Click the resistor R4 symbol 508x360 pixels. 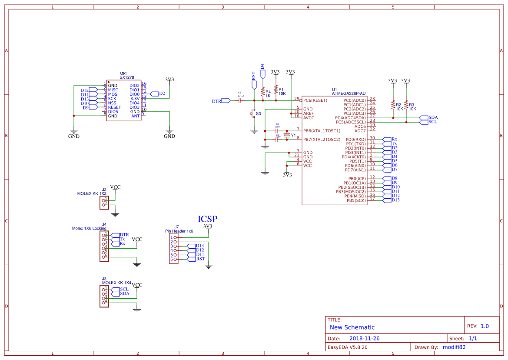(x=262, y=92)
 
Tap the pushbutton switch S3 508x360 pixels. (x=253, y=114)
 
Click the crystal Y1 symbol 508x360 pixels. (x=286, y=135)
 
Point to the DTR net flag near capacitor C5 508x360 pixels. (x=226, y=100)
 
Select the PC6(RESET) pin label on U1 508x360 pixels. (x=315, y=100)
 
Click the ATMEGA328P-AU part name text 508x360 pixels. (x=348, y=93)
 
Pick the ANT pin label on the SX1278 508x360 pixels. (x=136, y=116)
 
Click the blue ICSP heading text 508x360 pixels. (x=207, y=219)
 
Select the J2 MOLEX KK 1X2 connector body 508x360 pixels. (x=104, y=203)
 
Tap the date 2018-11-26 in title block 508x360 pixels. (x=365, y=338)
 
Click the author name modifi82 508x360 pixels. (x=455, y=347)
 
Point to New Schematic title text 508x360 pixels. (x=352, y=327)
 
